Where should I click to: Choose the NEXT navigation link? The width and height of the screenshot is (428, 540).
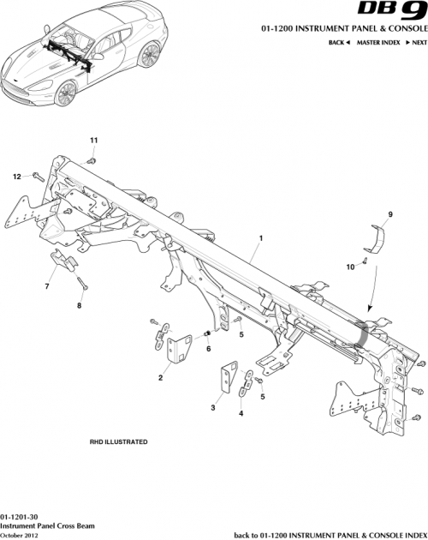417,42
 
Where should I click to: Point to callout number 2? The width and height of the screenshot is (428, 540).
160,376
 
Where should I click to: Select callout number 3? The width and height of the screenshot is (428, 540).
212,407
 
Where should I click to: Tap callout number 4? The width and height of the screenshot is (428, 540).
241,413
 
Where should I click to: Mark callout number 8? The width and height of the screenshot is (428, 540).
80,303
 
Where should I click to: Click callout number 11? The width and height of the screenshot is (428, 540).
95,139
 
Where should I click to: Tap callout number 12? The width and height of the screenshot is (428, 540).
16,177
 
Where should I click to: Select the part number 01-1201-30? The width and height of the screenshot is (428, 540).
18,518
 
